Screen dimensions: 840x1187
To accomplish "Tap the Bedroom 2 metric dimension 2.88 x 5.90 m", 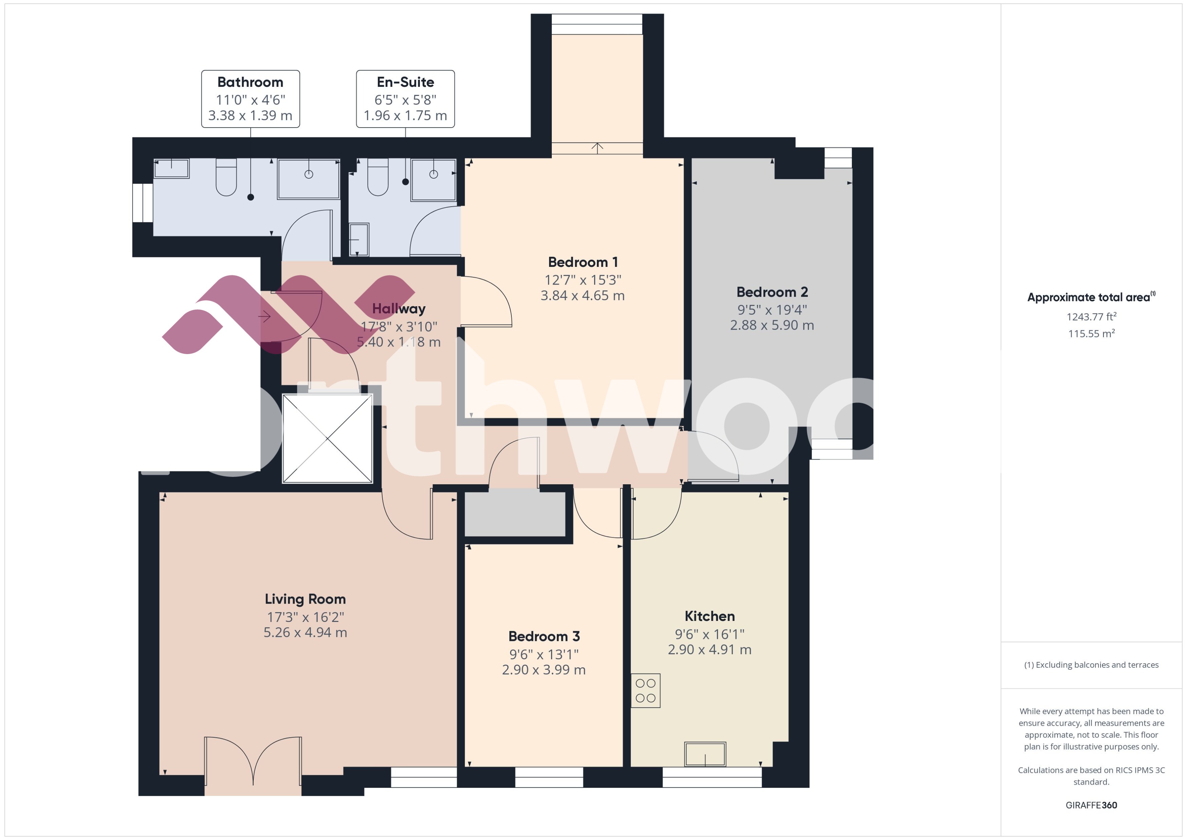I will coord(772,325).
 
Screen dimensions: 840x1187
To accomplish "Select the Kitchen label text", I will coord(709,616).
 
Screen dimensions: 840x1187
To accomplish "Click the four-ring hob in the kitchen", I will coord(645,690).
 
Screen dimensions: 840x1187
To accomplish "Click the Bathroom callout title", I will coord(250,82).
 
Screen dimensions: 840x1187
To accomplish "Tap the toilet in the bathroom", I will coord(226,177).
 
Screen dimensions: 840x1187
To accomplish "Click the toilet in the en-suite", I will coord(377,177).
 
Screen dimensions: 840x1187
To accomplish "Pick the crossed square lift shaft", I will coord(327,438).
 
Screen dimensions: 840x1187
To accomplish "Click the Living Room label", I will coord(305,599).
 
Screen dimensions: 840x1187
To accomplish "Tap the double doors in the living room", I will coord(253,763).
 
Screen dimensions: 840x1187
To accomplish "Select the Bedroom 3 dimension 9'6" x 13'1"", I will coord(544,654).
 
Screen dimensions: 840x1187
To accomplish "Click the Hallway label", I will coord(399,309).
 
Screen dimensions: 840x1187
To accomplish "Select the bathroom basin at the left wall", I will coord(172,169).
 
